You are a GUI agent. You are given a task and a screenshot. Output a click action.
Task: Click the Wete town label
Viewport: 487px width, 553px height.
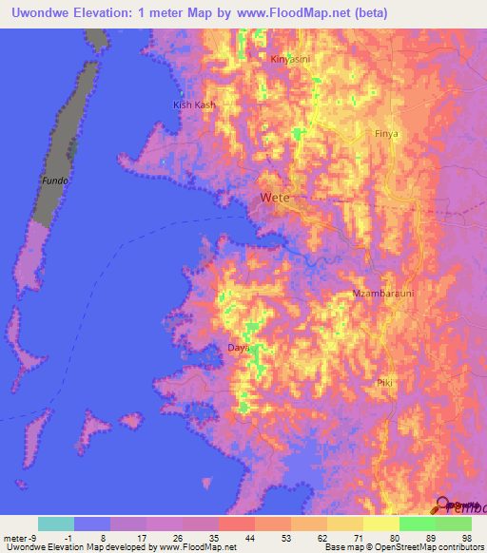[273, 199]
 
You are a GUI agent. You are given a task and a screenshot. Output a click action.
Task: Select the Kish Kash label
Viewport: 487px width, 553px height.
[194, 105]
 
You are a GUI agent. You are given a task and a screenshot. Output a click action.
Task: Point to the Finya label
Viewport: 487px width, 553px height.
[386, 134]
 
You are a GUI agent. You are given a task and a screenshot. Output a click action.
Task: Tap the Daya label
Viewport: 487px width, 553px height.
[238, 348]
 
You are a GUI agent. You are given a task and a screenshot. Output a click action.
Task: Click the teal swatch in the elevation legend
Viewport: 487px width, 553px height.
[56, 524]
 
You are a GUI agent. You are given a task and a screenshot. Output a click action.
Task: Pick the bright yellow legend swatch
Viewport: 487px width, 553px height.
[381, 524]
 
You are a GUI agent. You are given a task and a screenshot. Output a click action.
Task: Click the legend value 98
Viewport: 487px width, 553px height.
[465, 538]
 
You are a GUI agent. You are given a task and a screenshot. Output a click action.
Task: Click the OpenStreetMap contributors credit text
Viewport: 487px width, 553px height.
[410, 547]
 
